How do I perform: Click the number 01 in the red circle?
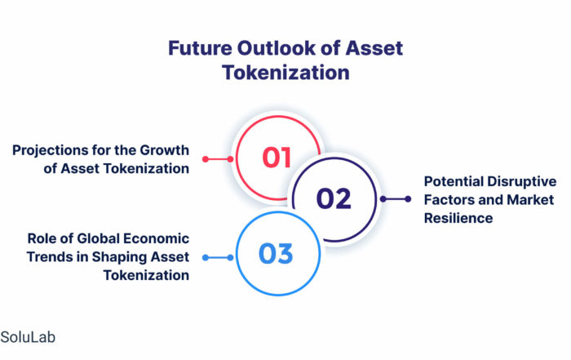tap(277, 158)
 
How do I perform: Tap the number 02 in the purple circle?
tap(334, 198)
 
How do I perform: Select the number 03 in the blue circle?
tap(276, 253)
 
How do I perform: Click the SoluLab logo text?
tap(28, 337)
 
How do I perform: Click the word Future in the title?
tap(200, 48)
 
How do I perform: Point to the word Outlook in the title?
tap(277, 48)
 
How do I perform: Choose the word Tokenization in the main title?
tap(285, 72)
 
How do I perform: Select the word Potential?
tap(454, 181)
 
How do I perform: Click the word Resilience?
tap(458, 218)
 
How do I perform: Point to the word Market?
tap(530, 200)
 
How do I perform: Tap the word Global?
tap(93, 238)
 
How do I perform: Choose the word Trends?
tap(50, 257)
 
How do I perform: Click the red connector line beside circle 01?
tap(218, 159)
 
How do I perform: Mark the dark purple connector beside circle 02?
tap(396, 199)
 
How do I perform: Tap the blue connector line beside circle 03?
tap(218, 258)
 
